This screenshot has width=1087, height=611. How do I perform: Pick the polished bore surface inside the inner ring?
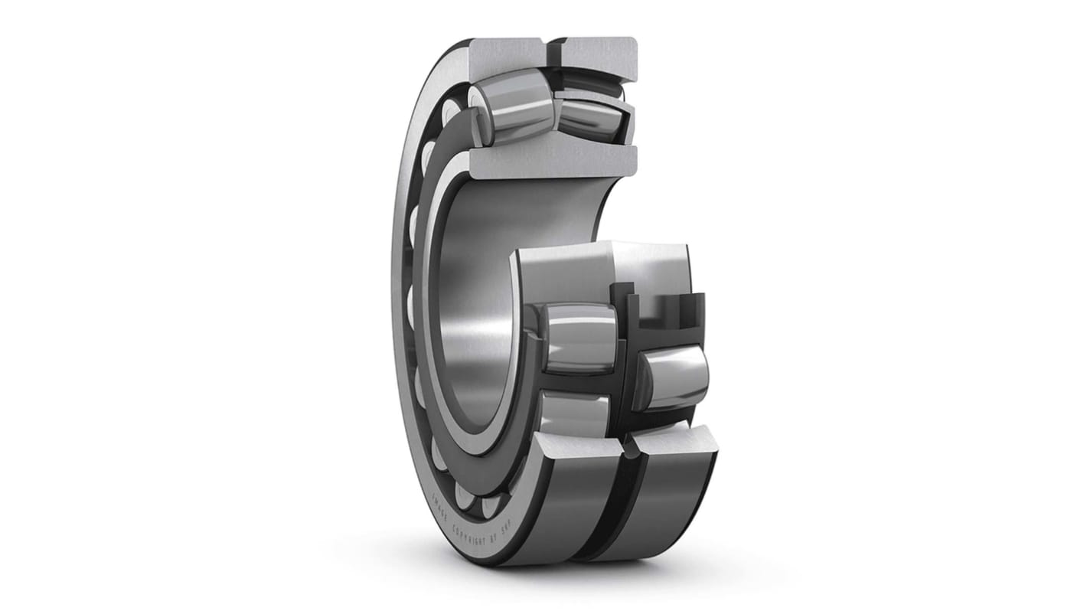(490, 306)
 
